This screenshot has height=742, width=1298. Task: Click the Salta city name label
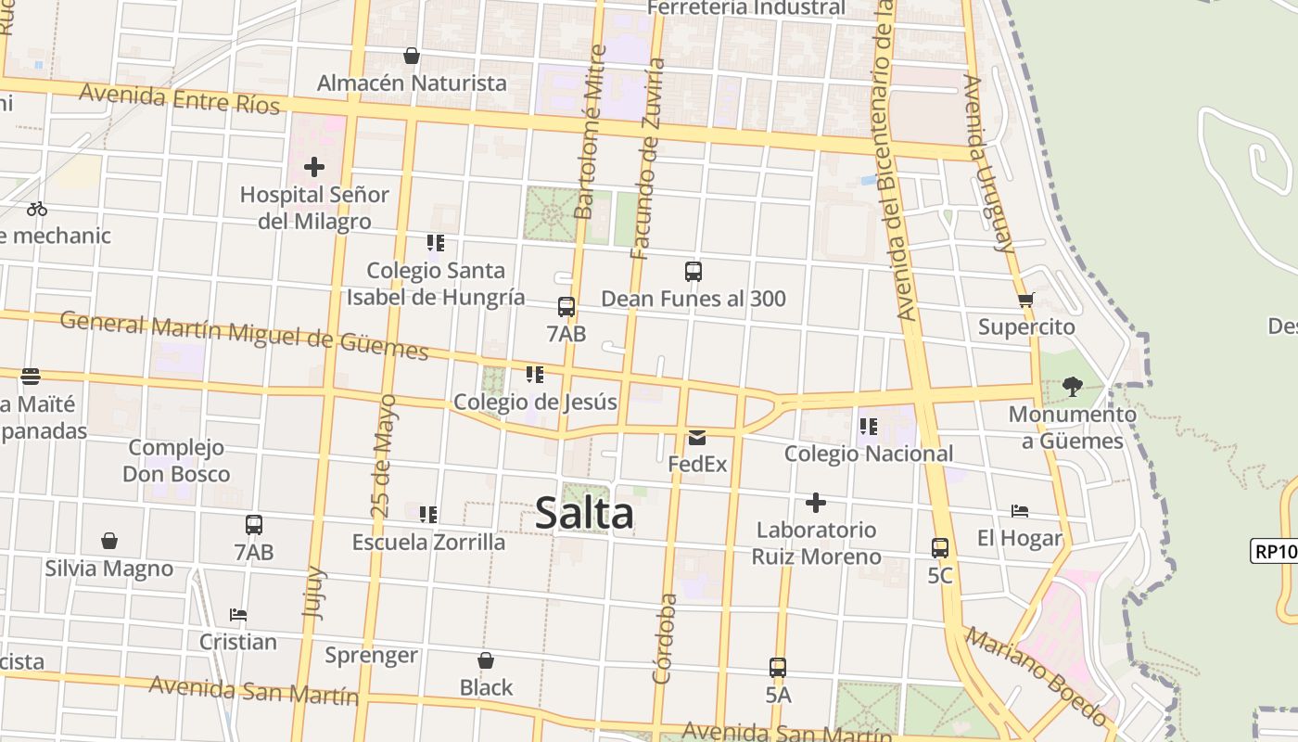point(584,514)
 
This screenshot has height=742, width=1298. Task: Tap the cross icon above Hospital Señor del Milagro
point(314,168)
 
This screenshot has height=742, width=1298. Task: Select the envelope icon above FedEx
point(697,438)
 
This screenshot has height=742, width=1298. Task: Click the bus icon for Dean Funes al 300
point(694,272)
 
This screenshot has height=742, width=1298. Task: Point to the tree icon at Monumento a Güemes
point(1073,387)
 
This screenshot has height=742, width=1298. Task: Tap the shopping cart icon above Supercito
point(1025,300)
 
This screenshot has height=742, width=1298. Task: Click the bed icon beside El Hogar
point(1020,511)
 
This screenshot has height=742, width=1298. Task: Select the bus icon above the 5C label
point(940,548)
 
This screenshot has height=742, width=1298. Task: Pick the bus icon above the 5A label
point(778,668)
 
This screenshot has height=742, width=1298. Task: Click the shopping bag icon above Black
point(486,660)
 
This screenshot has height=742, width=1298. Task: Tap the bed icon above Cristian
point(238,615)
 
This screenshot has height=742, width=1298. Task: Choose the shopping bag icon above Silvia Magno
point(109,541)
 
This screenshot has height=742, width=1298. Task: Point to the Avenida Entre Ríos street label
point(179,98)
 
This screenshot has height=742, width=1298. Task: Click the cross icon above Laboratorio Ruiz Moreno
point(816,503)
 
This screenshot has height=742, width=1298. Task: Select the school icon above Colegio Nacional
point(869,427)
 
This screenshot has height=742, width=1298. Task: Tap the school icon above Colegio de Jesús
point(535,375)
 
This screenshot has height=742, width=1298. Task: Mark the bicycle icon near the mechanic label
point(37,209)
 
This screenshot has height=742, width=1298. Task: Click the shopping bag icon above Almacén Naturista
point(412,57)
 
